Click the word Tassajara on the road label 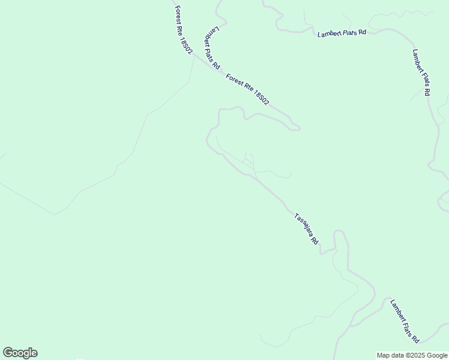[x=303, y=226]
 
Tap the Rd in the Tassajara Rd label [x=315, y=241]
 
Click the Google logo [x=20, y=353]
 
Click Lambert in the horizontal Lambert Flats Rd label [x=329, y=34]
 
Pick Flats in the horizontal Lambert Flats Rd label [x=349, y=33]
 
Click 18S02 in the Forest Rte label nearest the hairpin [x=262, y=97]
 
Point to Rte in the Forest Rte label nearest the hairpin [x=247, y=87]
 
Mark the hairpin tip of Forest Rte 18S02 [x=298, y=127]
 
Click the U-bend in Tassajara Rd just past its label [x=340, y=233]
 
